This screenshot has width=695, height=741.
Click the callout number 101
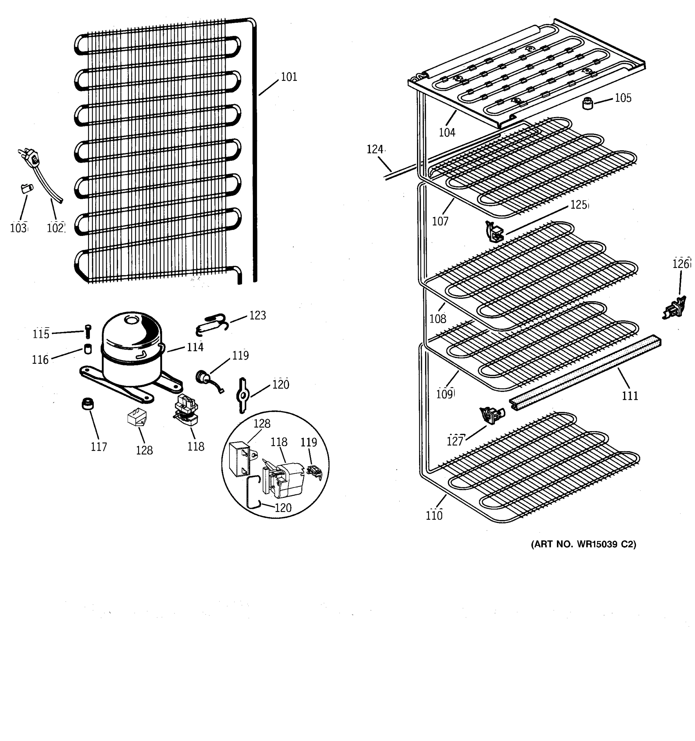click(x=289, y=77)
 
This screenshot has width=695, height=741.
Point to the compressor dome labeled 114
click(x=133, y=333)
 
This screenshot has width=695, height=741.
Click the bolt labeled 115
click(x=88, y=331)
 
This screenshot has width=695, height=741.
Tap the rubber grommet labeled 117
click(x=88, y=404)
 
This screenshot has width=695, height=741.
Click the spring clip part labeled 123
click(x=211, y=324)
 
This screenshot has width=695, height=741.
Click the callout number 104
click(x=447, y=132)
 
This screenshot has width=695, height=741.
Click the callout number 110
click(x=434, y=516)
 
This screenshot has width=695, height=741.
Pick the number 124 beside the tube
click(x=375, y=149)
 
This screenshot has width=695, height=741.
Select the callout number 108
click(x=438, y=319)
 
